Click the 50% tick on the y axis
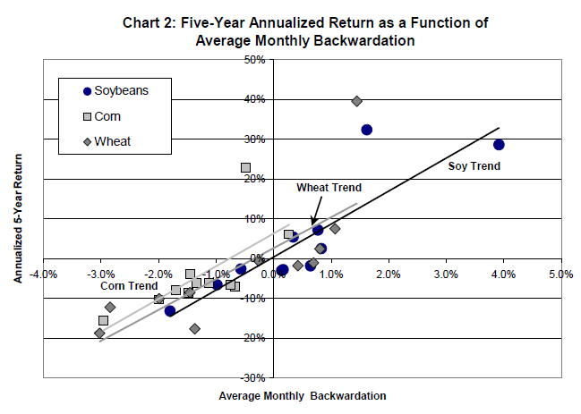click(256, 60)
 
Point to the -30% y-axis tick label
click(253, 378)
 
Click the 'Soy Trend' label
click(474, 166)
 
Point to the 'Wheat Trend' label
click(329, 188)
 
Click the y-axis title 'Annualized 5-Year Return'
click(18, 219)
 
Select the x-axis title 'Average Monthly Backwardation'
click(303, 395)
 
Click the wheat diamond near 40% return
click(356, 101)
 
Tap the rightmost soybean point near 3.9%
click(499, 144)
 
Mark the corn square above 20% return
click(245, 167)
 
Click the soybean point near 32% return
click(366, 130)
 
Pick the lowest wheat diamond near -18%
click(194, 329)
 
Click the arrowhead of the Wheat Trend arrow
click(313, 224)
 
